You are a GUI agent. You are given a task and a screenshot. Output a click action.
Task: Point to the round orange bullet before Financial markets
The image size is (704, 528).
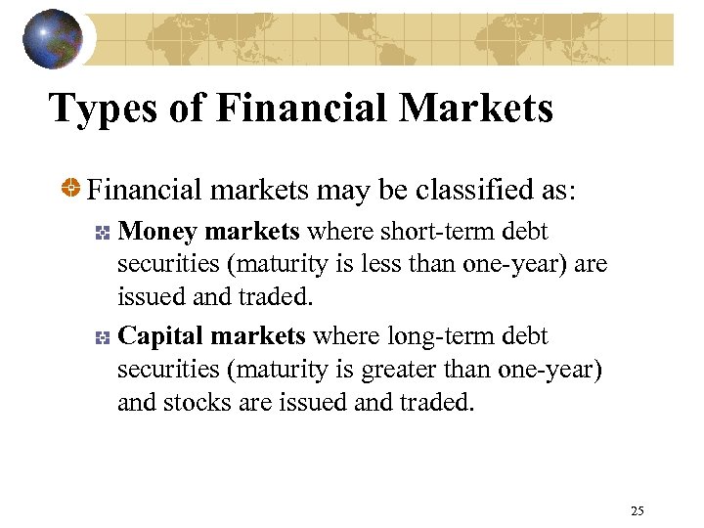click(71, 187)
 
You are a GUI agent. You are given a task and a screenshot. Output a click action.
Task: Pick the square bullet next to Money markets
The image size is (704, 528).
click(101, 233)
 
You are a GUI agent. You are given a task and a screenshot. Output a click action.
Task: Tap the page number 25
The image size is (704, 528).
click(638, 510)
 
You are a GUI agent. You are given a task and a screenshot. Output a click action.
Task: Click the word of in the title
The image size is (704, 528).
click(187, 109)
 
